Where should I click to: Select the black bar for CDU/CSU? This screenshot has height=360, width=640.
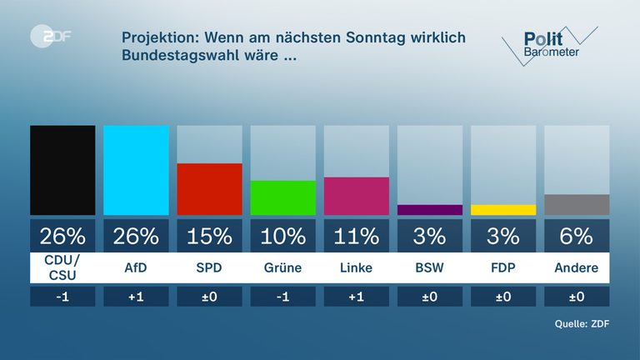click(x=62, y=170)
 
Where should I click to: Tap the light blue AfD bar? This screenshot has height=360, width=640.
click(x=136, y=170)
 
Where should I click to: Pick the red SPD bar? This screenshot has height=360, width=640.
click(x=209, y=189)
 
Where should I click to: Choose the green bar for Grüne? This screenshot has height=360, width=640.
click(x=283, y=197)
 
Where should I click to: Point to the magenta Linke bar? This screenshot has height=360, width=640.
click(x=357, y=196)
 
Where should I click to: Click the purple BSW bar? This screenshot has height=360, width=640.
click(x=430, y=210)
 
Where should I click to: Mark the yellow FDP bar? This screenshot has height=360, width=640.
click(x=503, y=210)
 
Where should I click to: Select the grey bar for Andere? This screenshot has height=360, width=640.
click(x=577, y=205)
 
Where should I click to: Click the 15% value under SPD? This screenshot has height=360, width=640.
click(x=209, y=236)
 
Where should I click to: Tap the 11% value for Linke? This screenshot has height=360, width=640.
click(x=357, y=236)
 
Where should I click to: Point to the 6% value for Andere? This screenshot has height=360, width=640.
click(x=577, y=236)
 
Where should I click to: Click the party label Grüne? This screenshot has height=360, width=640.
click(x=283, y=267)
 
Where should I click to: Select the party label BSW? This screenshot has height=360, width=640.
click(x=430, y=267)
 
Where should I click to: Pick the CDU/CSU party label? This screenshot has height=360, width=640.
click(x=62, y=267)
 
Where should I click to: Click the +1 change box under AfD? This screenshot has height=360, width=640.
click(x=136, y=297)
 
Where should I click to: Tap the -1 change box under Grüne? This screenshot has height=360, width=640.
click(x=283, y=297)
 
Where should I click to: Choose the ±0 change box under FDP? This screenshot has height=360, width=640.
click(x=503, y=297)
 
